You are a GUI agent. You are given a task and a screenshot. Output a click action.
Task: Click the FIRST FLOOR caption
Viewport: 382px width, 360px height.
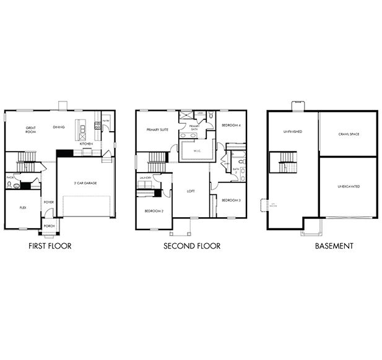50,246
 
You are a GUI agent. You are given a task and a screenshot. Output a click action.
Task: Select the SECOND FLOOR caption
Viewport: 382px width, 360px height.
191,246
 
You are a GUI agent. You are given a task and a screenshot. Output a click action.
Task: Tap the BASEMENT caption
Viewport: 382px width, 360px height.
333,246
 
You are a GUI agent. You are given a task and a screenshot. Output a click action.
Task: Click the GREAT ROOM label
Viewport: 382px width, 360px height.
30,131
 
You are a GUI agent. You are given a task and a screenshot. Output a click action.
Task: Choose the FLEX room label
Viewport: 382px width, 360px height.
22,208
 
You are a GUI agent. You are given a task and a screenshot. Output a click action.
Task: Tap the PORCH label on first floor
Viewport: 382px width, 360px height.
48,226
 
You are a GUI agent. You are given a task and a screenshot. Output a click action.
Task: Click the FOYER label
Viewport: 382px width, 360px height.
48,202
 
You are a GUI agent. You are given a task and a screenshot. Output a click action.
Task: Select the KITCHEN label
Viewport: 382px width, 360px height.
86,144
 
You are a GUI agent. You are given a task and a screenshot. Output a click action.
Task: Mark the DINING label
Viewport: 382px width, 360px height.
59,127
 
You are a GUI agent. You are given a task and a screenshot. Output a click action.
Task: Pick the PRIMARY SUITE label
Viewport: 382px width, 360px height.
157,130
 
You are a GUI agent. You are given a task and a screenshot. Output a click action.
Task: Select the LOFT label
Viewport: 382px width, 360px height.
191,191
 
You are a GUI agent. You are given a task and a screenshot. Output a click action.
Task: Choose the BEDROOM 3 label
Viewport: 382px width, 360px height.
230,200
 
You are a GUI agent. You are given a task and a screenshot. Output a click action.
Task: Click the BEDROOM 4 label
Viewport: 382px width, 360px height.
230,126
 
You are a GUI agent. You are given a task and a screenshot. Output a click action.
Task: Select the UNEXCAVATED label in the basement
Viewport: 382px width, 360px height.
349,186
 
